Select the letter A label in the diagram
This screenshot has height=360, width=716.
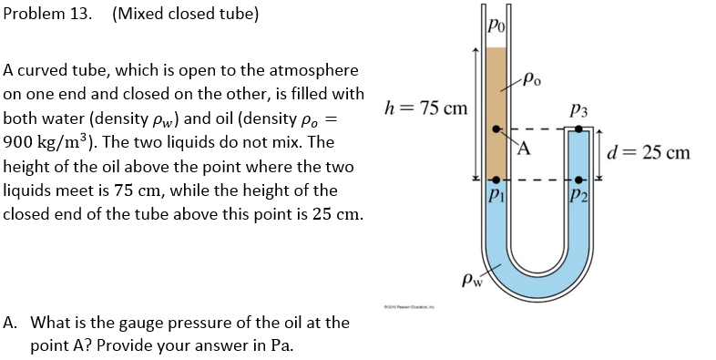point(527,149)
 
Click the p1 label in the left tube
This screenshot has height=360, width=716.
point(495,195)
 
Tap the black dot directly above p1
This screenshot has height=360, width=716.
point(496,180)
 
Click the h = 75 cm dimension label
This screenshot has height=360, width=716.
point(427,108)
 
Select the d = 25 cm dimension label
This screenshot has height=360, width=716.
point(649,152)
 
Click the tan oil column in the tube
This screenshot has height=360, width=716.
point(496,91)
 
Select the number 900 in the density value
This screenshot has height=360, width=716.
point(20,143)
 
